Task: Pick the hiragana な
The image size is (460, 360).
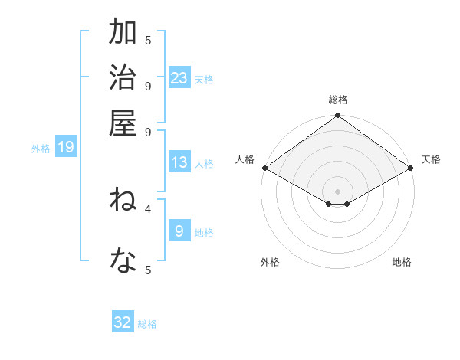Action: click(123, 263)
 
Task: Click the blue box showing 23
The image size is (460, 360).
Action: click(179, 77)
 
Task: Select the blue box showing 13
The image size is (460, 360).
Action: click(179, 162)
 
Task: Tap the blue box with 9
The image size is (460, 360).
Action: click(179, 231)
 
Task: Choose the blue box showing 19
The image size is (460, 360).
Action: click(66, 147)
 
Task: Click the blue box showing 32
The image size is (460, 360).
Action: click(123, 322)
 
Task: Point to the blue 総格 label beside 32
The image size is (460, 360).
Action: click(147, 324)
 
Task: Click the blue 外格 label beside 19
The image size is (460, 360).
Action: click(41, 149)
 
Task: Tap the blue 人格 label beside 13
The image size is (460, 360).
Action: click(204, 164)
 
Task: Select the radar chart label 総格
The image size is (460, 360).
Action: click(337, 100)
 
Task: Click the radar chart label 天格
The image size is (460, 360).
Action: click(431, 159)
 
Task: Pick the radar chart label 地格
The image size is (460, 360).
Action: click(402, 262)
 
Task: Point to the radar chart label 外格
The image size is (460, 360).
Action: click(270, 262)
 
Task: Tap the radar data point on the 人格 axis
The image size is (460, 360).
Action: click(264, 168)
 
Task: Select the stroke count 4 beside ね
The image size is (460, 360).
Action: click(148, 207)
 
